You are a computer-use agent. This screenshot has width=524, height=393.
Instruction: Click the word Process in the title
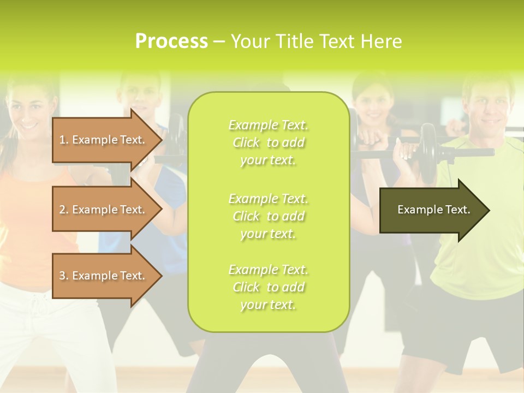(x=171, y=41)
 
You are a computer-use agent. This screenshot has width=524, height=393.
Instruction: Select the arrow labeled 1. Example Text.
(x=104, y=140)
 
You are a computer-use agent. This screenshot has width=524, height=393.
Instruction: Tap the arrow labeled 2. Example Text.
(x=104, y=210)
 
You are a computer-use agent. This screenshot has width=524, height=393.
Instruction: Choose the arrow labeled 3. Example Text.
(x=104, y=276)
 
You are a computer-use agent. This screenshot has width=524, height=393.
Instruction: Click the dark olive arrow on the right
(x=431, y=210)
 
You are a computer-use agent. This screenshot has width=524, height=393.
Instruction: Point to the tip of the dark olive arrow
(x=489, y=210)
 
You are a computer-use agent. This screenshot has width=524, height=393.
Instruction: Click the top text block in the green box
(x=268, y=142)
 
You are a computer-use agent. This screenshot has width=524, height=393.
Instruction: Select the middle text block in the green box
(x=268, y=216)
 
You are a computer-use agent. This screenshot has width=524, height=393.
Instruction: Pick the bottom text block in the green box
(x=268, y=287)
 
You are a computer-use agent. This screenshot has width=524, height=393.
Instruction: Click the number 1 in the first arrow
(x=62, y=140)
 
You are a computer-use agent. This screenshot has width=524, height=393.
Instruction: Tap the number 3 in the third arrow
(x=62, y=276)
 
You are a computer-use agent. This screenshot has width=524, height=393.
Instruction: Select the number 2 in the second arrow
(x=62, y=210)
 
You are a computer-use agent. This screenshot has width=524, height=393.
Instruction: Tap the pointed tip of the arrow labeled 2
(x=161, y=210)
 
